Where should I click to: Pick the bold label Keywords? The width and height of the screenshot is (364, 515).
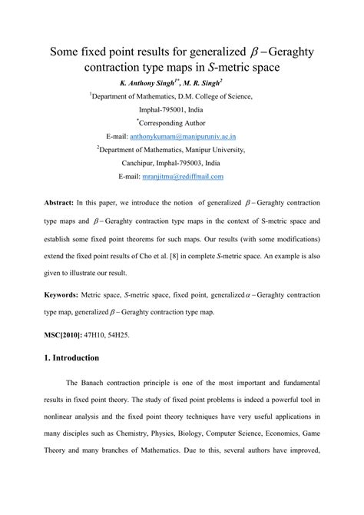point(58,294)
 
